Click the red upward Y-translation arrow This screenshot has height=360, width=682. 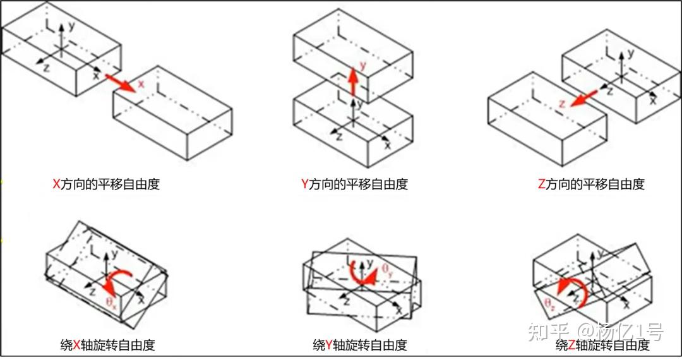[x=353, y=81]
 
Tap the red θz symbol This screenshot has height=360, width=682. [x=549, y=304]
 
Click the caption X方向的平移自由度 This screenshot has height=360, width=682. [x=105, y=184]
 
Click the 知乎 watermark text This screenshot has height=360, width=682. [x=546, y=330]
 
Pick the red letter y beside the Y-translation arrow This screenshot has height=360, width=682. [x=362, y=65]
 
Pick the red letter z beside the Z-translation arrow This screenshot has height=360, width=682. [x=561, y=104]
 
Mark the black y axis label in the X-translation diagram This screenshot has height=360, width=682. [x=72, y=26]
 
